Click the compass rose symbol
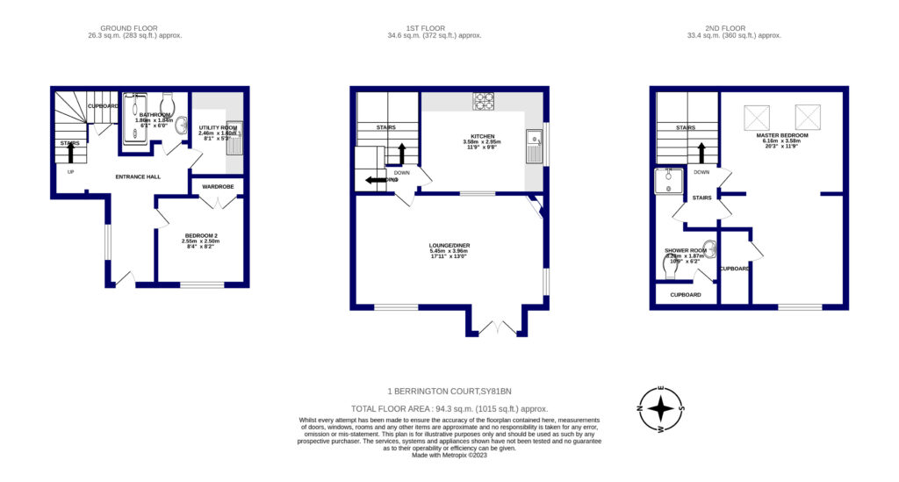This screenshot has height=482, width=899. click(x=662, y=410)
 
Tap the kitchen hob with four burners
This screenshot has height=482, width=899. click(x=483, y=102)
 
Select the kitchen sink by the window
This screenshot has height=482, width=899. click(x=532, y=146)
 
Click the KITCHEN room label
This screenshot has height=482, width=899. click(x=482, y=137)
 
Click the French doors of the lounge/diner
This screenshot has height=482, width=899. click(x=495, y=328)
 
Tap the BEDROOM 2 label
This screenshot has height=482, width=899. click(x=200, y=235)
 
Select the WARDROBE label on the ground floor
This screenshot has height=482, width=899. click(x=217, y=186)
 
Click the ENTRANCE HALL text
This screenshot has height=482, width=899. click(x=138, y=176)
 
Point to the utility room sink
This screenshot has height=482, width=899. click(x=234, y=138)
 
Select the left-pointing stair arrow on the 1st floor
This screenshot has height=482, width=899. click(x=375, y=181)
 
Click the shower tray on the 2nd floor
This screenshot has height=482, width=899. click(x=669, y=181)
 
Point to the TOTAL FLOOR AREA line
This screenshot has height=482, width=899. click(x=449, y=408)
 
